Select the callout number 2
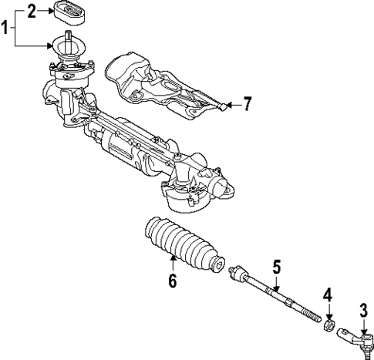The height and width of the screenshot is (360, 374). (x=32, y=11)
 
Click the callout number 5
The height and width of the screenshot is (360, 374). (x=275, y=267)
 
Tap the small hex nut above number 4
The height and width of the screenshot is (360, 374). (x=327, y=325)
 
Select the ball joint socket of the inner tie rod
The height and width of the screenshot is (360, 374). (x=238, y=273)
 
